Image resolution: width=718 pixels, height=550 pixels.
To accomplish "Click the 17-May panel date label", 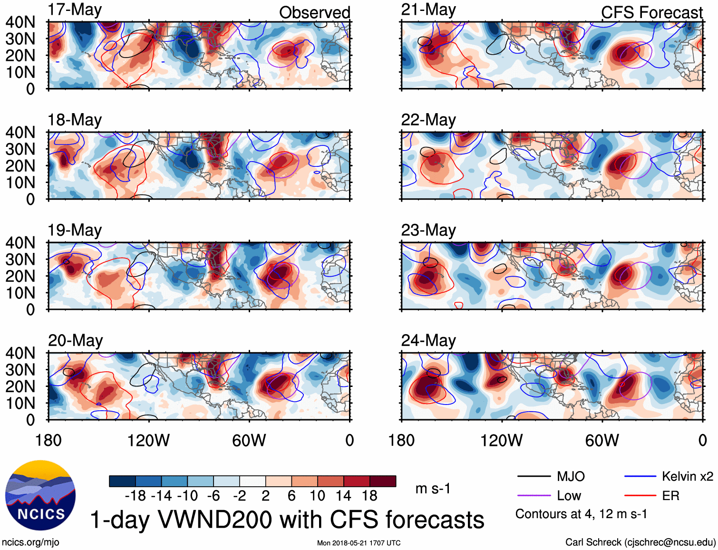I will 75,10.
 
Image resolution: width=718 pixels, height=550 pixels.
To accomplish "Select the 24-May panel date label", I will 428,341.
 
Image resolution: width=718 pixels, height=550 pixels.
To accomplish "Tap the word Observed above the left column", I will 314,13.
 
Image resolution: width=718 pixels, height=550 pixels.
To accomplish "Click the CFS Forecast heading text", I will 651,13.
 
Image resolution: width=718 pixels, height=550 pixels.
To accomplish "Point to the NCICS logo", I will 40,495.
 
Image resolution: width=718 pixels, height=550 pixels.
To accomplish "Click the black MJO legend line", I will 534,476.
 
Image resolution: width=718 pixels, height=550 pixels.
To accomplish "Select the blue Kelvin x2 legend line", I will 640,476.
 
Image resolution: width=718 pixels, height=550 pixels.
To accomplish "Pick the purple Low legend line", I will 534,496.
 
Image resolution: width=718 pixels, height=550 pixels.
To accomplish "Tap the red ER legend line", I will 640,496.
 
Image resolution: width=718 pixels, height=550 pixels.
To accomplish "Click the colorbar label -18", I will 135,496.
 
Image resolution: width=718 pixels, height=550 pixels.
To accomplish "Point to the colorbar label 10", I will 317,496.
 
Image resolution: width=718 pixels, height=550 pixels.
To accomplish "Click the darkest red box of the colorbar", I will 383,481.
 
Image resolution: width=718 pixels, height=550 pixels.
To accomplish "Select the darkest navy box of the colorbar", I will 122,481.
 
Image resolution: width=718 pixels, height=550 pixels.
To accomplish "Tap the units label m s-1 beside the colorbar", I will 433,489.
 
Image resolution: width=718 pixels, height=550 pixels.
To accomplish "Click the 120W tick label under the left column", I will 148,441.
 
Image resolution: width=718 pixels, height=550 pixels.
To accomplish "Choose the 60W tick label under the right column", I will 602,441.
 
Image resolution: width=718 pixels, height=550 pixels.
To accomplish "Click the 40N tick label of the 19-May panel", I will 20,243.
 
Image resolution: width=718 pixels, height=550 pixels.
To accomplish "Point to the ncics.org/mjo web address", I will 30,542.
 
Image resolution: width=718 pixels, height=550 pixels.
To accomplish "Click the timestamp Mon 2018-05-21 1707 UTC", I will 359,543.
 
